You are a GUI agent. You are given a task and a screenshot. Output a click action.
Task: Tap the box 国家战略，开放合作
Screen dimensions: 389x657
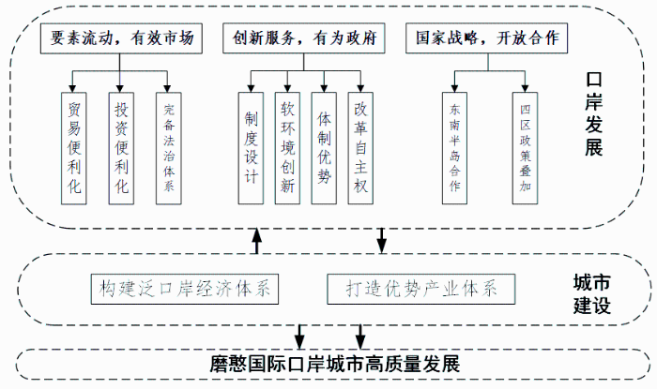[486, 38]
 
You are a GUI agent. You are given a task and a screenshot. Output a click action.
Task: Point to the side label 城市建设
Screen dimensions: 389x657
[591, 293]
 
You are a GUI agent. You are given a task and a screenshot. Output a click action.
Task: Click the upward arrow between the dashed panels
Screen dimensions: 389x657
[256, 242]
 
